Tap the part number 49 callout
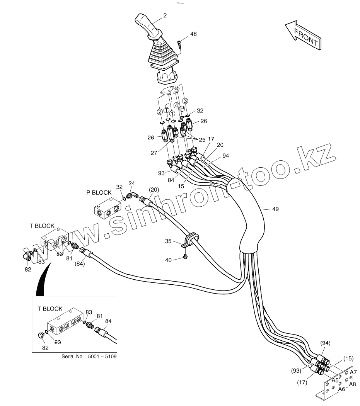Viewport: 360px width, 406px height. (x=275, y=209)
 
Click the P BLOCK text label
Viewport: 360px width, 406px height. (x=99, y=192)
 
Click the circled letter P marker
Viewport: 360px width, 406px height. (x=182, y=109)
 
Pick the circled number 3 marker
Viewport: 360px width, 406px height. (x=186, y=100)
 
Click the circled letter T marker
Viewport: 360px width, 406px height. (x=166, y=110)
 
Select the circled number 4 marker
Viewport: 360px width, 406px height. (x=176, y=105)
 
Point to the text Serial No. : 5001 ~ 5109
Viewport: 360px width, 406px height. (x=89, y=356)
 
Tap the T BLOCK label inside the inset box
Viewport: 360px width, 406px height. (x=50, y=309)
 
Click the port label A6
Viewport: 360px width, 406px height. (x=341, y=389)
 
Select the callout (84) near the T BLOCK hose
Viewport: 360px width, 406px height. (x=79, y=264)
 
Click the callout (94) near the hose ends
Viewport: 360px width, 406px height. (x=326, y=343)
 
